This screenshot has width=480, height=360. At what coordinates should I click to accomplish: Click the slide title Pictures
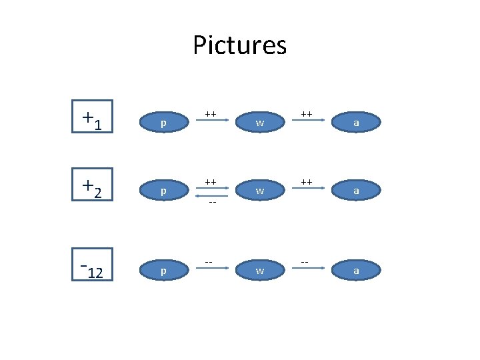click(x=239, y=45)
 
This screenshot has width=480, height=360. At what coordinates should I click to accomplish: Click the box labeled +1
click(x=93, y=117)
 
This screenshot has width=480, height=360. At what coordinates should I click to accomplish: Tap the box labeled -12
click(x=93, y=265)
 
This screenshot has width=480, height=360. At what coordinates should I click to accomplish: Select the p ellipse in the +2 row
click(x=163, y=191)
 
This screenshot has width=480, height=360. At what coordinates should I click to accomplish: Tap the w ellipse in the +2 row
click(x=259, y=191)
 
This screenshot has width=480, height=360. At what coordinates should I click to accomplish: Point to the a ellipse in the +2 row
click(x=356, y=191)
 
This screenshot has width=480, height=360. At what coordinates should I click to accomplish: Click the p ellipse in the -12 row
click(x=163, y=271)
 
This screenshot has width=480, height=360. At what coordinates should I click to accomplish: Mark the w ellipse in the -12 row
click(x=259, y=271)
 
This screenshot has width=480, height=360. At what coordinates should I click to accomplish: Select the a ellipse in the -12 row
click(x=356, y=271)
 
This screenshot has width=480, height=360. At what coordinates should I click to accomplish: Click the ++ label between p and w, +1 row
click(x=210, y=114)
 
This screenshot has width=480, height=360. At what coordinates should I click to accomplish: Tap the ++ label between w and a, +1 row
click(x=307, y=114)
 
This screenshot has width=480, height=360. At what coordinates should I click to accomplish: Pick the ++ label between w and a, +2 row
click(x=307, y=181)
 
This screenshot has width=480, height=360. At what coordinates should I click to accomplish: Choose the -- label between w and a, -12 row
click(x=305, y=261)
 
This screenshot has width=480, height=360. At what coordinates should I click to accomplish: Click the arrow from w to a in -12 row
click(x=307, y=268)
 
